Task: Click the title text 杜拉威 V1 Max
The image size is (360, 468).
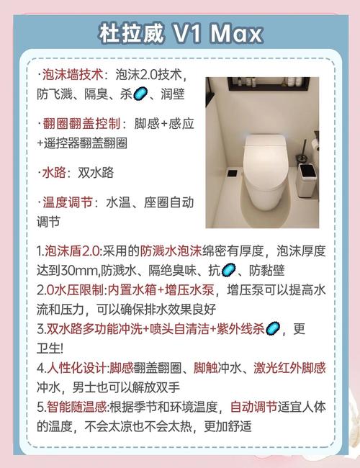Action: [x=180, y=33]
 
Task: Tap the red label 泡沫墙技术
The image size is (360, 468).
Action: [x=73, y=75]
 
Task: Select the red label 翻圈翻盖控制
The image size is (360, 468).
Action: [x=81, y=124]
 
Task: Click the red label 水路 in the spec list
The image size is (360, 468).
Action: [x=54, y=173]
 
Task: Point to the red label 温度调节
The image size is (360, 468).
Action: [x=67, y=202]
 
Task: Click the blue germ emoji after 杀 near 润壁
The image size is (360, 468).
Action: [x=140, y=94]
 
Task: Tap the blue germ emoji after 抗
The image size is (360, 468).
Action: [x=229, y=270]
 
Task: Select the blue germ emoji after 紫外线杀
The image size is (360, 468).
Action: [x=273, y=329]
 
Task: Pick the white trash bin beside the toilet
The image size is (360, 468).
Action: [x=308, y=180]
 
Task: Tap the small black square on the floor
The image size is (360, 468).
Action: [x=233, y=173]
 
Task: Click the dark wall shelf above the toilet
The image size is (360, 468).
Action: [x=268, y=84]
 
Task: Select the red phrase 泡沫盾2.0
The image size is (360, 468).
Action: [x=72, y=251]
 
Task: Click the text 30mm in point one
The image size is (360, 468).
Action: [x=80, y=271]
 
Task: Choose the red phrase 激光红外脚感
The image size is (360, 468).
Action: [x=289, y=368]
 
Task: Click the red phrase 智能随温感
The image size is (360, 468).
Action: [x=77, y=407]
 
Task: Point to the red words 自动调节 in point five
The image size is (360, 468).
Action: [x=254, y=407]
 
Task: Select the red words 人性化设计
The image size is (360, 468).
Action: [x=76, y=368]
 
